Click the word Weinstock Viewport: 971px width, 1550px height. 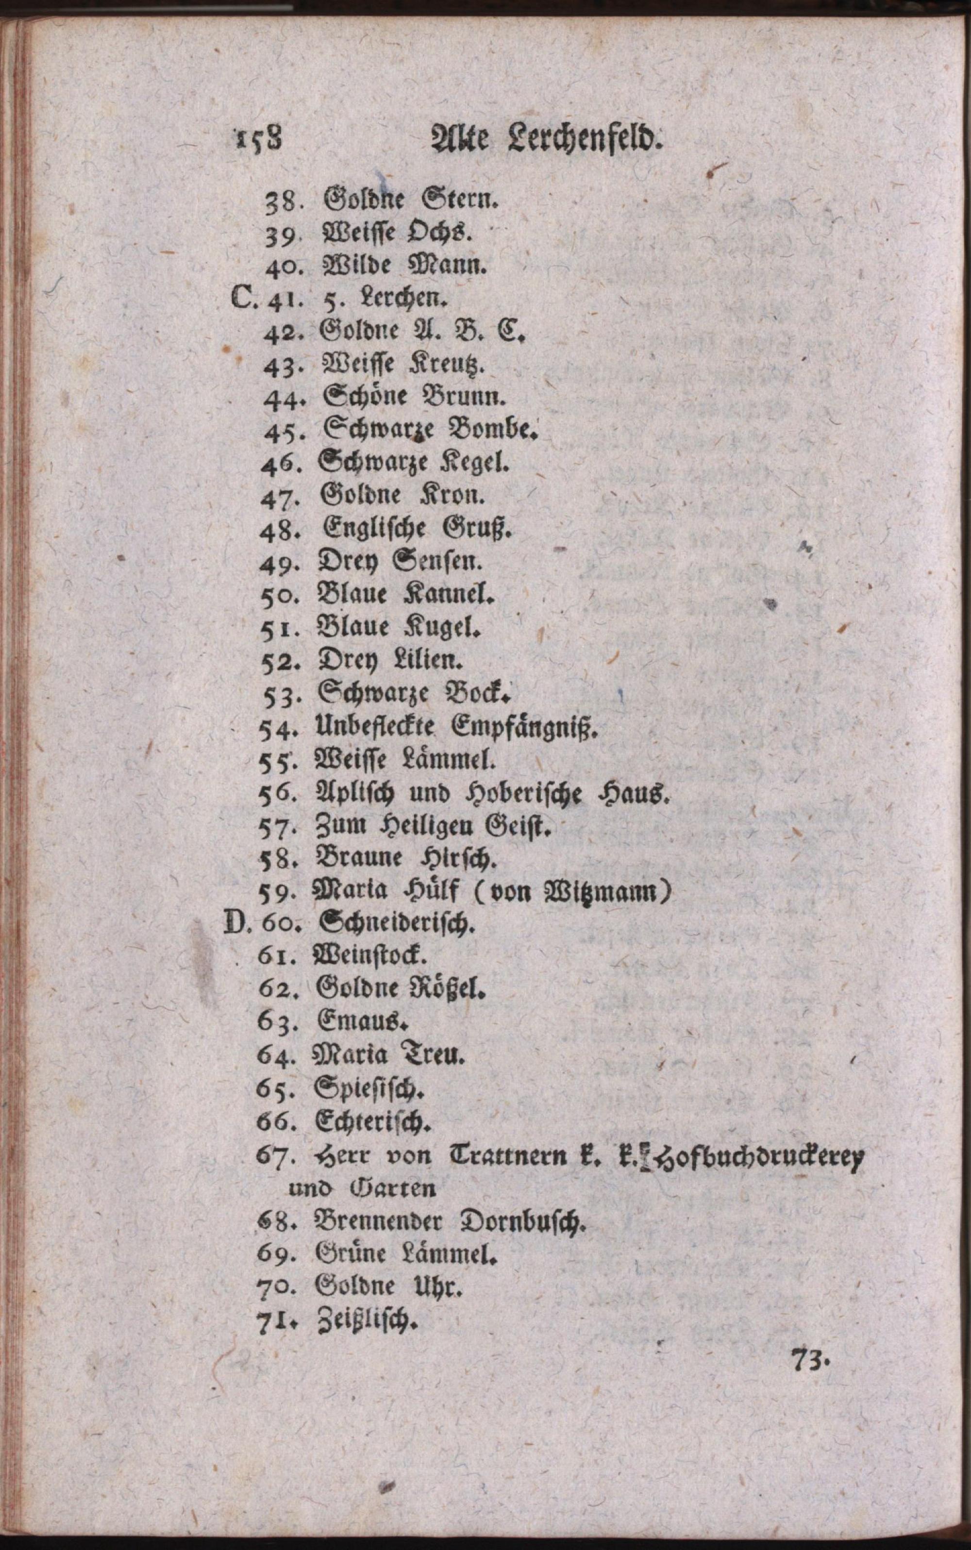(x=369, y=957)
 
